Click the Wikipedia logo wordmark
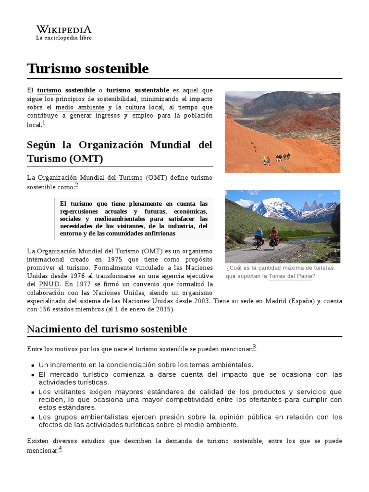[64, 29]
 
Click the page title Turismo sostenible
[88, 69]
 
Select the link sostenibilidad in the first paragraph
[117, 98]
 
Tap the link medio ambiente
[80, 107]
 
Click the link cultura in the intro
[135, 107]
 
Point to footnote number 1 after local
[44, 123]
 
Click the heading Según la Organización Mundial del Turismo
[120, 151]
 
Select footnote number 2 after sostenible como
[76, 185]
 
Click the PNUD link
[49, 284]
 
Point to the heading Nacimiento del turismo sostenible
[107, 329]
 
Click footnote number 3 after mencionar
[254, 347]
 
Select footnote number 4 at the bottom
[61, 449]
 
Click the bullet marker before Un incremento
[32, 365]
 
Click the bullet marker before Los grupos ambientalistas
[32, 417]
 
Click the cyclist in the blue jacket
[259, 236]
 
